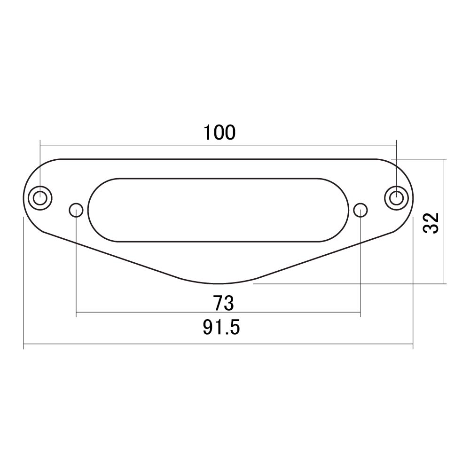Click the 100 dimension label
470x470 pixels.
click(x=219, y=133)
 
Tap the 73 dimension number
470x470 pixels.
click(x=223, y=303)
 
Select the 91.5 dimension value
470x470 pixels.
click(x=221, y=327)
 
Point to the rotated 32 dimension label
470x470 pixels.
click(x=431, y=223)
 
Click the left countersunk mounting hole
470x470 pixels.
click(x=40, y=198)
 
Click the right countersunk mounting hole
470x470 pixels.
click(x=396, y=198)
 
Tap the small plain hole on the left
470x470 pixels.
click(x=76, y=210)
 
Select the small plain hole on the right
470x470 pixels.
click(x=360, y=210)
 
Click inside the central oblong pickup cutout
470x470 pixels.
click(x=218, y=210)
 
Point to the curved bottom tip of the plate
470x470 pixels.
click(x=219, y=283)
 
